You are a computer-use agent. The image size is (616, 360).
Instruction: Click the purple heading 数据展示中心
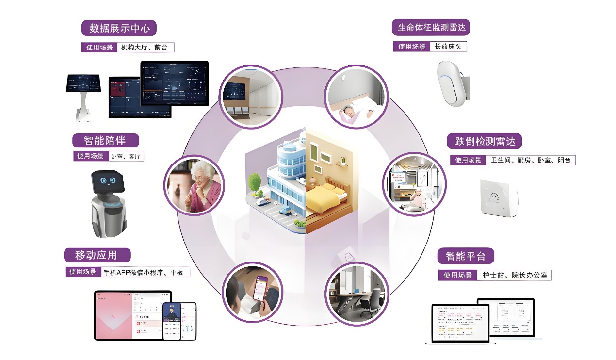point(119,28)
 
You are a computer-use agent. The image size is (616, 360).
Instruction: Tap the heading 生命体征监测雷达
point(431,27)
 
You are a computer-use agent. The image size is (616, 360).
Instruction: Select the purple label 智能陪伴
point(105,141)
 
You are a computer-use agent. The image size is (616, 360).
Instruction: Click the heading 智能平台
point(465,256)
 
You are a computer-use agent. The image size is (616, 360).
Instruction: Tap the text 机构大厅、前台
point(145,47)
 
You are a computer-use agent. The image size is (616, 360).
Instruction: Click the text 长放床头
point(447,47)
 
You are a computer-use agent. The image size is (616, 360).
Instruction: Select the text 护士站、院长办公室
point(514,275)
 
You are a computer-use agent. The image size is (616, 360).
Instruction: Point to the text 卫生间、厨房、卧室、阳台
point(530,160)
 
